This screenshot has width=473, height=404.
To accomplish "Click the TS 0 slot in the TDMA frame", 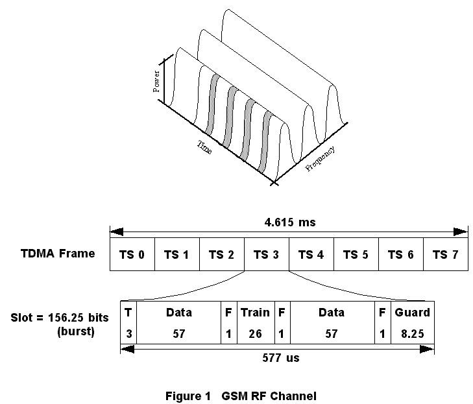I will pos(132,254).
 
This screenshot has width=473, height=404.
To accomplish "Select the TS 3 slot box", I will pos(266,254).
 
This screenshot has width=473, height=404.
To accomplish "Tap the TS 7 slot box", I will pos(445,254).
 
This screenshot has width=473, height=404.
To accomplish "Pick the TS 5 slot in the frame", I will pos(356,254).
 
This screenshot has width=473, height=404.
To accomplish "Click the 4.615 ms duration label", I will pos(289,222).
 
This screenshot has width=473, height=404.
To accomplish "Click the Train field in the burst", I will pos(255,313).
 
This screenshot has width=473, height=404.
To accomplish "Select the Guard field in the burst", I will pos(412,313).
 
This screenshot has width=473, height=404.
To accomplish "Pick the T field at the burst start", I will pos(128,313).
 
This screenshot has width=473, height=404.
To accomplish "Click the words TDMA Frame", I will pos(58,253).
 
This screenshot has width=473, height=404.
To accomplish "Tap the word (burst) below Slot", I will pos(71,331).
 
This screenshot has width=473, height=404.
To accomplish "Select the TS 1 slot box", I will pos(177,254).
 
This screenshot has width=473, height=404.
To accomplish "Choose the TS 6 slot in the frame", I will pos(400,254).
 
